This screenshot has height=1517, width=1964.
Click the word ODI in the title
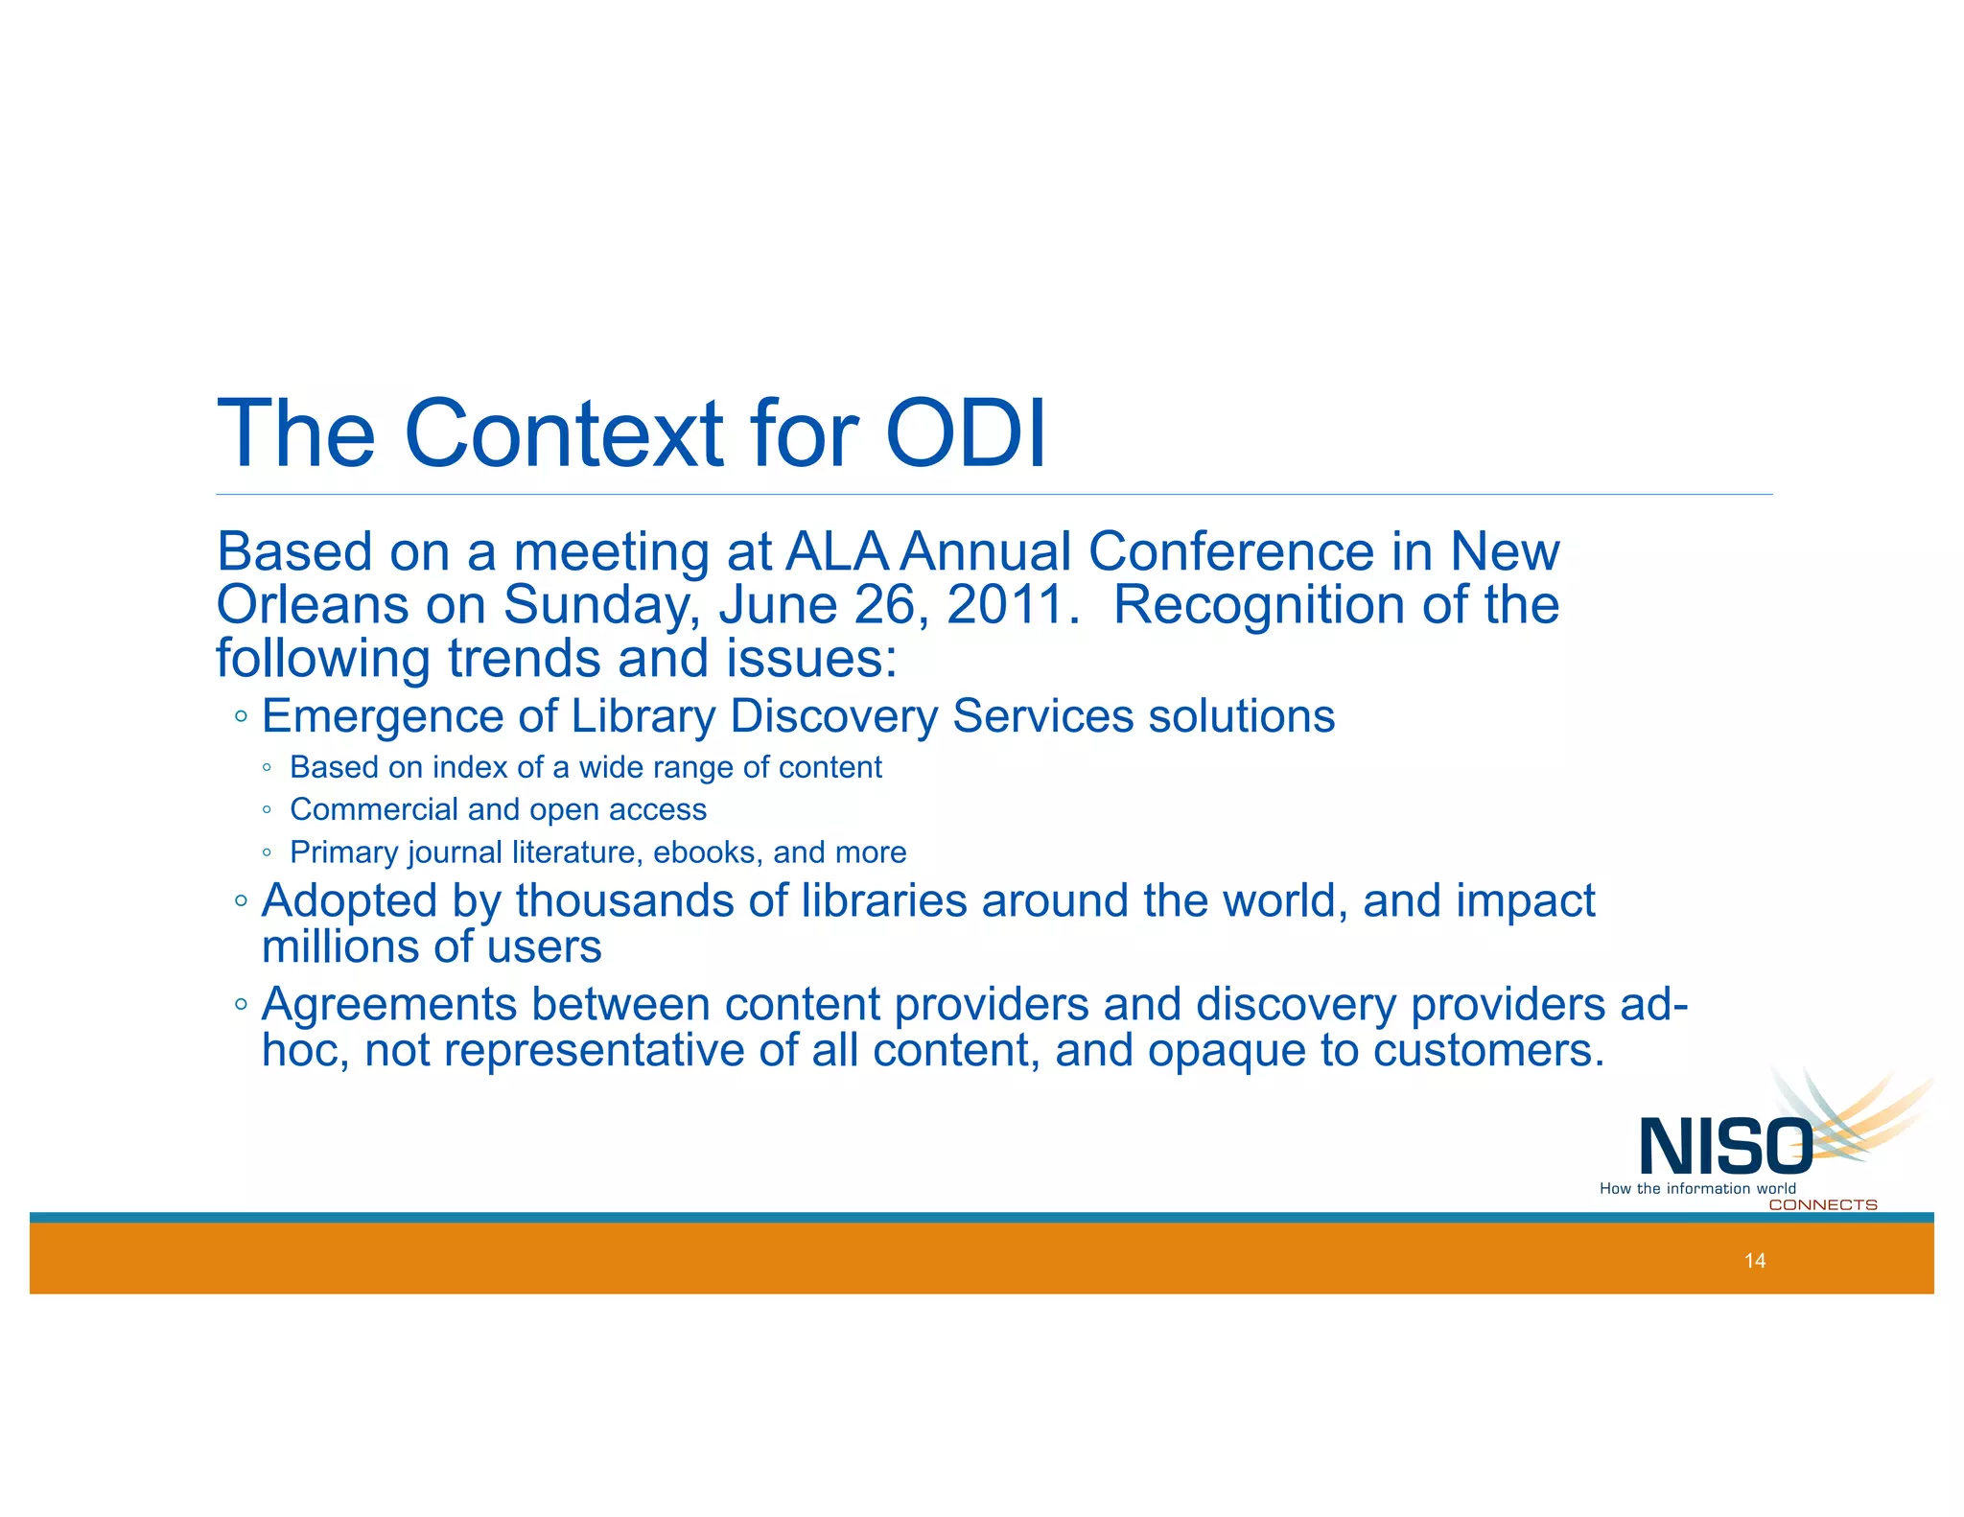tap(965, 434)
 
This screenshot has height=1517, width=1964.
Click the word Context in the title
tap(564, 434)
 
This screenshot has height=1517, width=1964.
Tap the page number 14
tap(1755, 1261)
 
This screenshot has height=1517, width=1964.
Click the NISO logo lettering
tap(1724, 1147)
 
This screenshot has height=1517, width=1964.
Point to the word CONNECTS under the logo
tap(1822, 1205)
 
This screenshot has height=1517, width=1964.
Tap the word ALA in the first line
tap(836, 552)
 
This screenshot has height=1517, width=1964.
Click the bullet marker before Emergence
tap(241, 716)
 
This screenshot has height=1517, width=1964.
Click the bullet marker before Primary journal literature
tap(268, 852)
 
